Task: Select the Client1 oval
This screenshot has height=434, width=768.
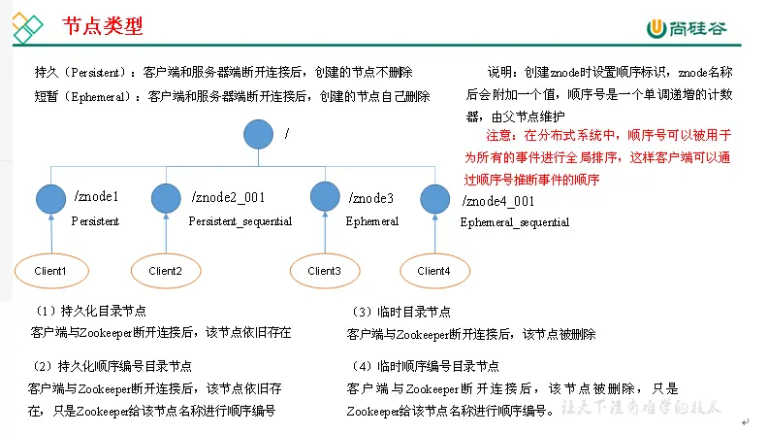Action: coord(49,271)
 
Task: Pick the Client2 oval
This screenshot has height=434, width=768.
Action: coord(166,271)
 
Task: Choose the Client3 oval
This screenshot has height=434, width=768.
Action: coord(324,271)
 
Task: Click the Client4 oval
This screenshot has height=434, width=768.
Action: coord(433,271)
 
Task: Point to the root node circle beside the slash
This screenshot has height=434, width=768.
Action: coord(258,134)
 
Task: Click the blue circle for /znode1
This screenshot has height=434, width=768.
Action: coord(50,199)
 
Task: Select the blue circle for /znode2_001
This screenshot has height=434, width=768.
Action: coord(166,198)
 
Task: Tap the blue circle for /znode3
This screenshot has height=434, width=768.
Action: coord(324,196)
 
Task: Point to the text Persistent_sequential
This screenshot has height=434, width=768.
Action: coord(240,221)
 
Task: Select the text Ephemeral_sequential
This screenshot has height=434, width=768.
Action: coord(514,222)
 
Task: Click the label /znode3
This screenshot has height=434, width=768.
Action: coord(370,197)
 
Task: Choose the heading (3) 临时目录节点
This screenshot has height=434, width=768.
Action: coord(400,312)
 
